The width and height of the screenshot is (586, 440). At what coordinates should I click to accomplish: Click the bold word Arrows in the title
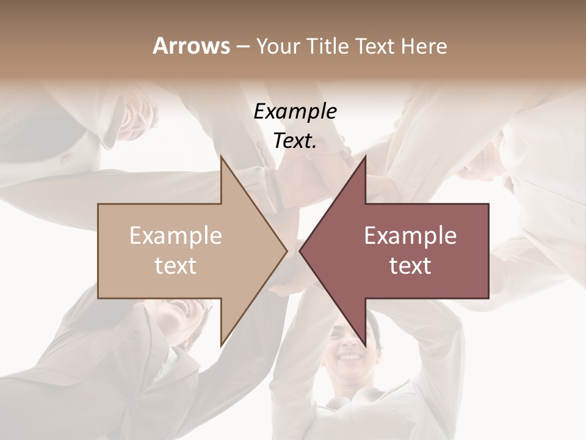191,46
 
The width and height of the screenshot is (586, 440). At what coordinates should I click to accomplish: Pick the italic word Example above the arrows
295,111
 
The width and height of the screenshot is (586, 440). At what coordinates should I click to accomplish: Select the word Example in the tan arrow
176,236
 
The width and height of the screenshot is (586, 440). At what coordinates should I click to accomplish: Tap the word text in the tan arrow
176,266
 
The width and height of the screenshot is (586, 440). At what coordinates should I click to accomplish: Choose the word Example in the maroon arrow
410,236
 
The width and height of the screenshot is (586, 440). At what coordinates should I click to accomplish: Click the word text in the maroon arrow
410,266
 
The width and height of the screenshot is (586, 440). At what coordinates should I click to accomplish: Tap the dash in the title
242,46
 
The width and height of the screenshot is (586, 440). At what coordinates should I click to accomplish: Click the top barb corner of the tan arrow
221,156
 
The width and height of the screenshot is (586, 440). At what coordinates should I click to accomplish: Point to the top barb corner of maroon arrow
366,156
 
